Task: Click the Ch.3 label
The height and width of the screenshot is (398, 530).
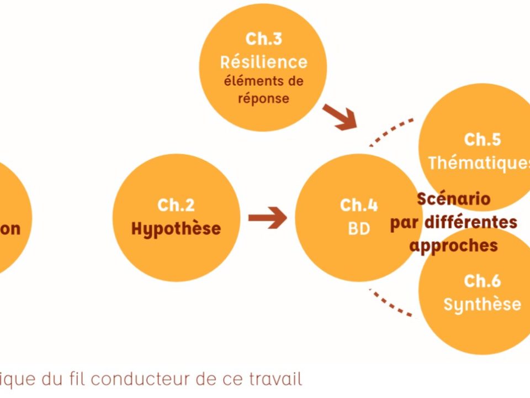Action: point(263,39)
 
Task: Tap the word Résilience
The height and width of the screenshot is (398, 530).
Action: point(263,61)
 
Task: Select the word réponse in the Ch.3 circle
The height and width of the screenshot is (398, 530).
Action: point(263,98)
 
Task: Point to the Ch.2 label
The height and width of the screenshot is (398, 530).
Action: point(176,205)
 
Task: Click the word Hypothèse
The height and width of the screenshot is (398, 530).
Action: point(176,228)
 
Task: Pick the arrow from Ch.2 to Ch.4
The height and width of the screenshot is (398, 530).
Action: point(267,218)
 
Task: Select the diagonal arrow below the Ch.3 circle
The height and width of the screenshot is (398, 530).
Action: point(339,117)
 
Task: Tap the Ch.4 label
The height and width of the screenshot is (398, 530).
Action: point(359,205)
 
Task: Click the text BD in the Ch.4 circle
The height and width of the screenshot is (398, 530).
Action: point(359,228)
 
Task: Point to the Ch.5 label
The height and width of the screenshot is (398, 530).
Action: point(482,139)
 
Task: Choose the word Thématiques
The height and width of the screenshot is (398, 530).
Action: point(478,163)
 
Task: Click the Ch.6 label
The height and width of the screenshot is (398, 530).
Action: point(482,281)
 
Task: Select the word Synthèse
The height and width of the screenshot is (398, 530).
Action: point(482,304)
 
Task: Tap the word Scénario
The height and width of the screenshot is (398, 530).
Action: point(453,198)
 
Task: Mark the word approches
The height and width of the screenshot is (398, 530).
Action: point(453,245)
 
